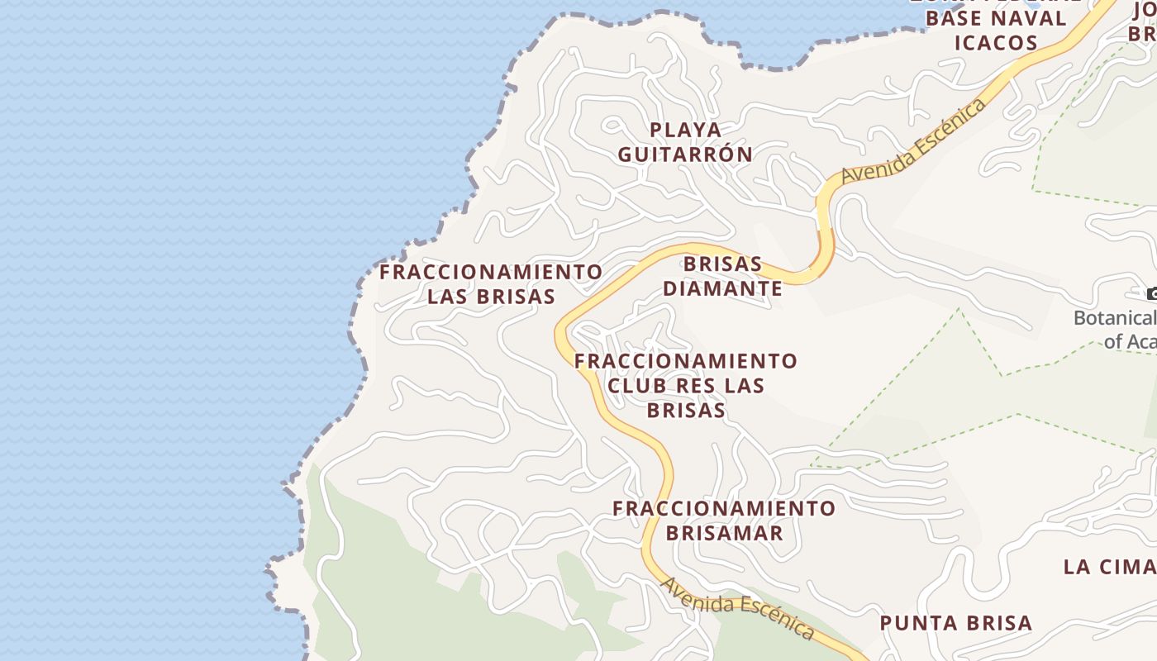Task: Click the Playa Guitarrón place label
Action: pos(685,142)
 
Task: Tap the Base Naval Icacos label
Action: pos(996,31)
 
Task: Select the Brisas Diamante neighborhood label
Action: pos(722,276)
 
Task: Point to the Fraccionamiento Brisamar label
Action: pos(724,521)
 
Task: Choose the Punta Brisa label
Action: pos(956,623)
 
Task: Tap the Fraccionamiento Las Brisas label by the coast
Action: pos(491,284)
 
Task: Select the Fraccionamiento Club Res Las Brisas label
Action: pos(686,385)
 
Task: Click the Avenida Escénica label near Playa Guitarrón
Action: pos(914,141)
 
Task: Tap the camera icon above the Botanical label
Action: pos(1151,293)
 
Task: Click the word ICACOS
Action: pos(996,43)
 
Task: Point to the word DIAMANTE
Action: pos(722,288)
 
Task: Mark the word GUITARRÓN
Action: pos(685,155)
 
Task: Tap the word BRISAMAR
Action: pos(724,533)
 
